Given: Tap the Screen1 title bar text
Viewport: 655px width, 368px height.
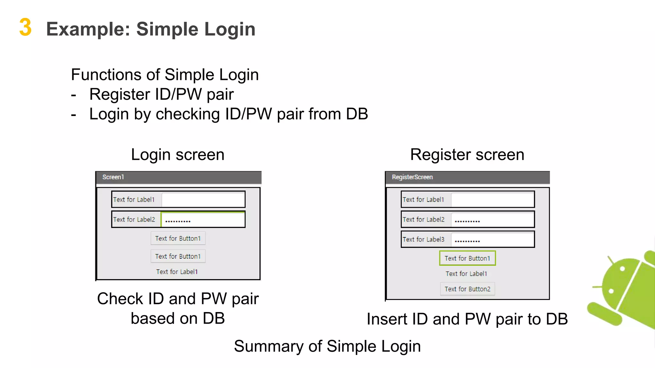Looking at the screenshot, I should click(113, 177).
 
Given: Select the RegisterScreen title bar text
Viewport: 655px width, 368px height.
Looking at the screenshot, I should click(412, 177).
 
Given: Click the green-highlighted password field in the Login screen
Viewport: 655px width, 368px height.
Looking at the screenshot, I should click(203, 220).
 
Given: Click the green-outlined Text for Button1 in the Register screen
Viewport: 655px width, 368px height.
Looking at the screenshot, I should click(467, 258).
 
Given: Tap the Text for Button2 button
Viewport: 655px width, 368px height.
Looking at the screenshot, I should click(467, 289).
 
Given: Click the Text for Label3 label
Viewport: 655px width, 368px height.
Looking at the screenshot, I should click(423, 239).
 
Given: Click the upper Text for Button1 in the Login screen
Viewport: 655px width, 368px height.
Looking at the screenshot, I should click(178, 238).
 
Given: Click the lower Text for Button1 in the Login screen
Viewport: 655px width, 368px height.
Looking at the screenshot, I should click(178, 256).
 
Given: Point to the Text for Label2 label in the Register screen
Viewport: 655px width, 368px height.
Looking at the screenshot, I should click(423, 219).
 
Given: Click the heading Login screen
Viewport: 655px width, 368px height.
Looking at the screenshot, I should click(178, 155).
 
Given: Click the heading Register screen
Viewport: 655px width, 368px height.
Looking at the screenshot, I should click(467, 155).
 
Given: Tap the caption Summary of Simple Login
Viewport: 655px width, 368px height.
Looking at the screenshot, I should click(327, 346).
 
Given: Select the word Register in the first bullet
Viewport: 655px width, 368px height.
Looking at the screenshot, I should click(120, 95).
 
